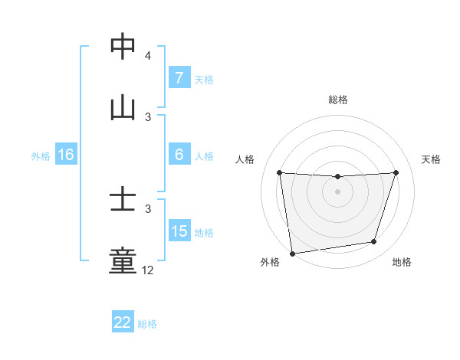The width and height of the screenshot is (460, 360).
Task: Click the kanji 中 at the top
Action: (x=123, y=47)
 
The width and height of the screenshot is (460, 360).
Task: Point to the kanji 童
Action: (x=123, y=261)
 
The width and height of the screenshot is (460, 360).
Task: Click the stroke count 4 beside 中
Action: (x=148, y=56)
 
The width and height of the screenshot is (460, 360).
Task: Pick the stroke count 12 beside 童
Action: (x=148, y=270)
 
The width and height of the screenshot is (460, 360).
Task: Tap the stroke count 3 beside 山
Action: (x=148, y=116)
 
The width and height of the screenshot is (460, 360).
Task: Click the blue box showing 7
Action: (x=179, y=78)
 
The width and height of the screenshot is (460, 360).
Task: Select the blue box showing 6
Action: (x=179, y=155)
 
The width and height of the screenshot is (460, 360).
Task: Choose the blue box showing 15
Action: (x=179, y=231)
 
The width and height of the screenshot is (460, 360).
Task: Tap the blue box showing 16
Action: (x=65, y=155)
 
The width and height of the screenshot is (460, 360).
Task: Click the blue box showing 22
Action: (x=123, y=322)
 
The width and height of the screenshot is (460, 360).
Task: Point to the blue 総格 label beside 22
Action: (x=147, y=324)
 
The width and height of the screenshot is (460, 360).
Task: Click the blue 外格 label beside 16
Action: (x=41, y=155)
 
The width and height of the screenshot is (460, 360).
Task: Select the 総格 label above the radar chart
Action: (x=338, y=100)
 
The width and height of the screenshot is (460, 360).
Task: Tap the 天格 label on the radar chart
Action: (x=432, y=159)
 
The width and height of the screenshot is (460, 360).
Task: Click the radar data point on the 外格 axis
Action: (x=292, y=253)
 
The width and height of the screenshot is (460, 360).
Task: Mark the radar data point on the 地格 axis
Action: (x=374, y=242)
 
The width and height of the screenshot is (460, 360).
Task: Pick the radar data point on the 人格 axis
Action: (x=279, y=172)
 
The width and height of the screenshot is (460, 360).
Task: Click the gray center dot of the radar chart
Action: (x=338, y=191)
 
